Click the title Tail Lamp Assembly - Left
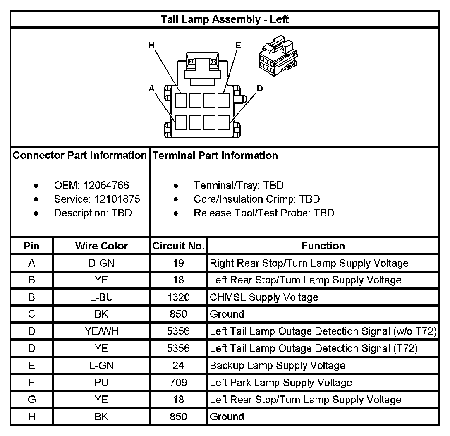(x=225, y=19)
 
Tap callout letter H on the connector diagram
(x=151, y=45)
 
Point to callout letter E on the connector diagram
(x=238, y=45)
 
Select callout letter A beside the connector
(x=152, y=88)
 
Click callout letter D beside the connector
(x=260, y=88)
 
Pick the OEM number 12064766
(x=106, y=185)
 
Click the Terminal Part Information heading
(x=215, y=156)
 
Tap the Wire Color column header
(x=101, y=246)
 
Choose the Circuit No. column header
(x=178, y=246)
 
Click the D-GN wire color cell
(x=101, y=263)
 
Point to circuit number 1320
(x=178, y=297)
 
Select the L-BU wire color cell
(x=101, y=297)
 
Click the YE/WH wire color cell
(x=101, y=331)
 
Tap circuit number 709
(x=178, y=382)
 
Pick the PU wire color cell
(x=101, y=382)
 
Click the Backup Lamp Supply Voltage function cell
(x=277, y=365)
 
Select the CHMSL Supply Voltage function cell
(x=264, y=297)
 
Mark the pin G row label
(x=32, y=400)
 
